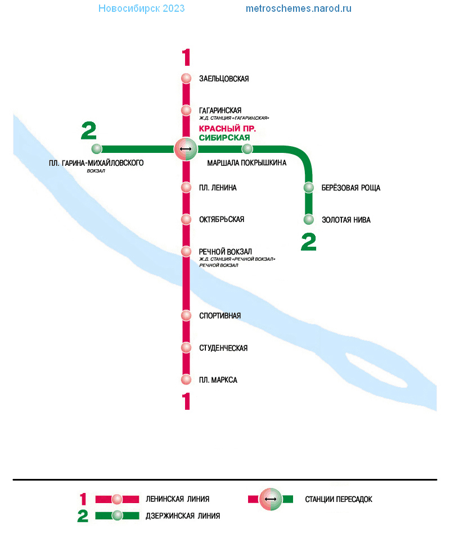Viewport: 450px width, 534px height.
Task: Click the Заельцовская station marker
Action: [186, 78]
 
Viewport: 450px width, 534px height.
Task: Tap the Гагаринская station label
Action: [220, 110]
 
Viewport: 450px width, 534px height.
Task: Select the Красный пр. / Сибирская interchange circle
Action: [186, 149]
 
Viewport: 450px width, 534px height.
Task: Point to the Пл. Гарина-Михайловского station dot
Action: [97, 149]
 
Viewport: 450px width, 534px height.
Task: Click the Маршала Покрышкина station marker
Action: [247, 149]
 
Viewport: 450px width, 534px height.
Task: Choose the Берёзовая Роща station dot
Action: [308, 187]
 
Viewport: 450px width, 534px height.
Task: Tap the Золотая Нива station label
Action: [346, 220]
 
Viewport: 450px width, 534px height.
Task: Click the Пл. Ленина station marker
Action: [186, 187]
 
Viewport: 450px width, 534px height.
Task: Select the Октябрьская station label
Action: [222, 219]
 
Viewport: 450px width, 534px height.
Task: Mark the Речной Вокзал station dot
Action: [186, 251]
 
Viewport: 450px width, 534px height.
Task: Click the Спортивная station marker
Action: [186, 316]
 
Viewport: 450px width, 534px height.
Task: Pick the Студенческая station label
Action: [223, 348]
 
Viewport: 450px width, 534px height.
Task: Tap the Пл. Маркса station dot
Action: [186, 379]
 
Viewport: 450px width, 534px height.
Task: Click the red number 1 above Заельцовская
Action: [186, 57]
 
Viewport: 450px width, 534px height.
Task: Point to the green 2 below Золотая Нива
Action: [308, 242]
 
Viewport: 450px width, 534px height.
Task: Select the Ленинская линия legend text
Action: [178, 499]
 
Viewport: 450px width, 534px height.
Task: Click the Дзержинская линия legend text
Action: [183, 516]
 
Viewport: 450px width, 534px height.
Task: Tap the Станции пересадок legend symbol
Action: [271, 499]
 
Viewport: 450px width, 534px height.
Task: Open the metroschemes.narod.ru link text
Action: [299, 8]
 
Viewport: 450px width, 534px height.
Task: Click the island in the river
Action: [376, 370]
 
